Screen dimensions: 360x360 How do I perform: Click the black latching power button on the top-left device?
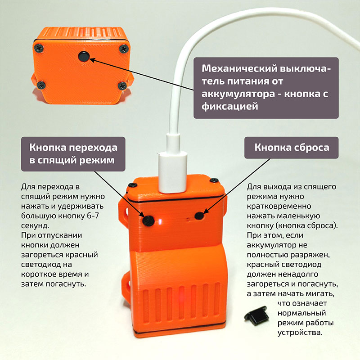[84, 56]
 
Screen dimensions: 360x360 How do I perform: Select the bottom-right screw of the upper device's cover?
[121, 85]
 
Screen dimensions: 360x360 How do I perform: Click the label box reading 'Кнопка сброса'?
[291, 148]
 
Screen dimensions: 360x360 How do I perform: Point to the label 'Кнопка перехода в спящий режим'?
[73, 154]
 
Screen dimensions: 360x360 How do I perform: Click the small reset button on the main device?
[199, 216]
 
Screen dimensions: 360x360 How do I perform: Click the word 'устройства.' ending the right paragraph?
[300, 333]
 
